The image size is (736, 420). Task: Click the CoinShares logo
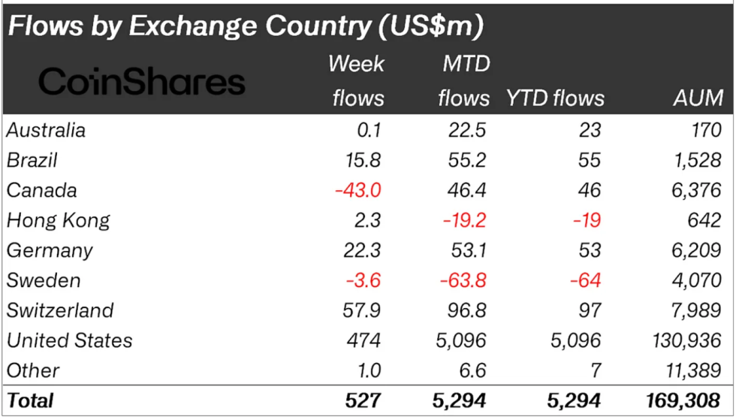point(142,81)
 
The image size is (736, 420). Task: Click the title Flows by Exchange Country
point(245,26)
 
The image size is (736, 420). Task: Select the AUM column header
point(698,98)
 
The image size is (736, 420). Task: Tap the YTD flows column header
point(555,98)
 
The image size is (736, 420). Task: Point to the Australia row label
point(46,130)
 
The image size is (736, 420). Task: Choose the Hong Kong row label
point(58,220)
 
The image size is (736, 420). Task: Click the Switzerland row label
point(60,310)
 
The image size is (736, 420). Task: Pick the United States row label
point(69,340)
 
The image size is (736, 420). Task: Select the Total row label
point(30,400)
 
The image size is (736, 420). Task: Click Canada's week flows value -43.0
point(358,190)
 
